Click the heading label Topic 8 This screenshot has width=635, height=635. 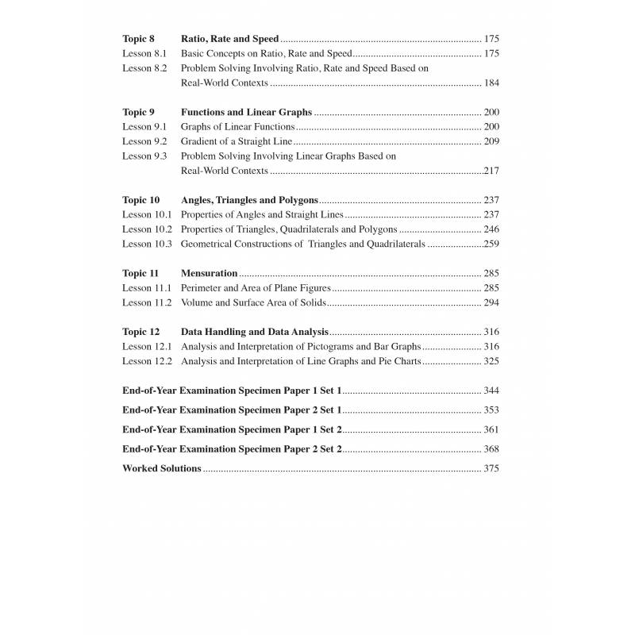[x=139, y=39]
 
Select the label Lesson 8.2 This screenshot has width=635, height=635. [x=144, y=68]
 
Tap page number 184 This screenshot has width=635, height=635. [x=491, y=83]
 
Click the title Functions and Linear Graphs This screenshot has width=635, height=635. [x=246, y=112]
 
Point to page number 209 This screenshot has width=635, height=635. [x=491, y=141]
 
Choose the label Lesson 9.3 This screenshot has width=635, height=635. [x=144, y=156]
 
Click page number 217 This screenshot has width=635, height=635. [x=491, y=171]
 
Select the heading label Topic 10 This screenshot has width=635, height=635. [x=141, y=200]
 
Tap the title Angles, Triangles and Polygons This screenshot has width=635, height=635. [x=249, y=200]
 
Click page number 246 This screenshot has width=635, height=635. [x=491, y=229]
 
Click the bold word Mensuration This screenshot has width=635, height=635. [x=210, y=273]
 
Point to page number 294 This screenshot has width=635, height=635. [x=491, y=302]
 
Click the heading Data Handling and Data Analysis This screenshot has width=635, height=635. [x=255, y=332]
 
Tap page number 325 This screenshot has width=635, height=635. [x=491, y=361]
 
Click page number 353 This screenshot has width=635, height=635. [x=491, y=410]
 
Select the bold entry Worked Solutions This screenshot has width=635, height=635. [x=162, y=468]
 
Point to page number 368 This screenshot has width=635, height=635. [x=491, y=449]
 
